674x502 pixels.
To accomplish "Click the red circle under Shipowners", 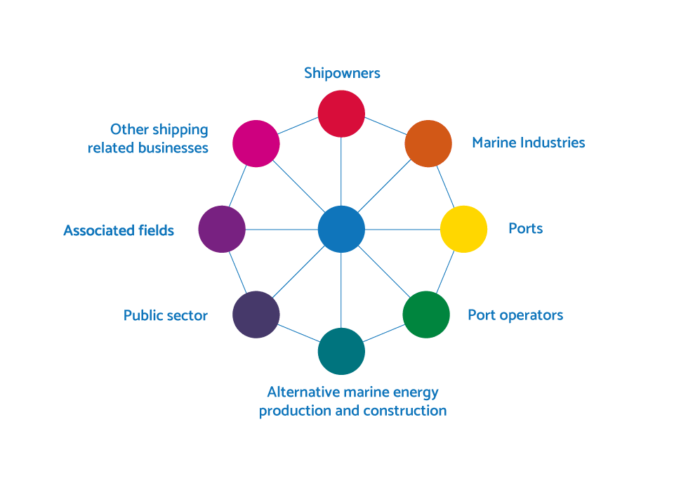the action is click(x=341, y=114).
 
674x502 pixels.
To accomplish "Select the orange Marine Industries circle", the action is click(x=428, y=143).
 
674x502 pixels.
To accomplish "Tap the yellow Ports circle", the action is click(x=464, y=229).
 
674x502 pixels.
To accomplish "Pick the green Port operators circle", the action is click(x=426, y=315).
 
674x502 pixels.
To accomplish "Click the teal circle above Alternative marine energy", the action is click(x=341, y=351).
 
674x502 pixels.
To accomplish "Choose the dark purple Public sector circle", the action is click(x=256, y=315).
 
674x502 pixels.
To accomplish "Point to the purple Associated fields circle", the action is click(x=222, y=229).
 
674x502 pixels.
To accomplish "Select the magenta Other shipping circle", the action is click(x=256, y=143).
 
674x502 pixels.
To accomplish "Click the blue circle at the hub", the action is click(x=341, y=229).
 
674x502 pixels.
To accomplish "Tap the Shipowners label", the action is click(x=342, y=74).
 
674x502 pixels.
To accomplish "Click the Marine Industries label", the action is click(x=528, y=143).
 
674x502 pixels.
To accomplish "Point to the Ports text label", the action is click(x=526, y=228).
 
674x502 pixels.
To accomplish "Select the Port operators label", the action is click(x=515, y=315).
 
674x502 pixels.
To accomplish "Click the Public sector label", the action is click(x=166, y=315).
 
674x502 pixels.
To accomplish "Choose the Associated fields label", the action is click(x=119, y=230).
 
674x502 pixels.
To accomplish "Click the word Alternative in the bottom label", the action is click(x=304, y=392).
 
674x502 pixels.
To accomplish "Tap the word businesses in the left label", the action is click(x=173, y=148).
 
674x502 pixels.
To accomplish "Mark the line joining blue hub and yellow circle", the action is click(x=403, y=230).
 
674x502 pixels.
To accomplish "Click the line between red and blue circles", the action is click(x=341, y=171).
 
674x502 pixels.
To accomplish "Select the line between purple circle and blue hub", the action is click(x=282, y=230).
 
